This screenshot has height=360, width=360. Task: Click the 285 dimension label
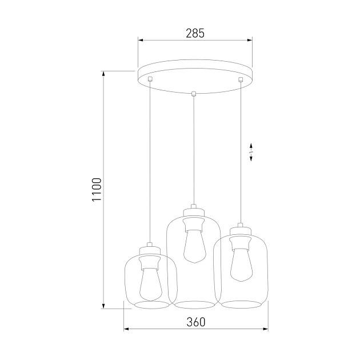195,33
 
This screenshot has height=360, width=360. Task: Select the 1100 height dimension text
97,190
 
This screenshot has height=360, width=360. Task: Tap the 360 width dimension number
195,322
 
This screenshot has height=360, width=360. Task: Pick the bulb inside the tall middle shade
193,246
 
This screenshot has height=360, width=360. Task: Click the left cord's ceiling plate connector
150,79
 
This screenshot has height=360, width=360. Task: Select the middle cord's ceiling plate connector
194,94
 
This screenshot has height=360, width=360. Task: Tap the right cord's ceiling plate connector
241,79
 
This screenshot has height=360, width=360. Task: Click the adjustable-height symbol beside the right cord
252,151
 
